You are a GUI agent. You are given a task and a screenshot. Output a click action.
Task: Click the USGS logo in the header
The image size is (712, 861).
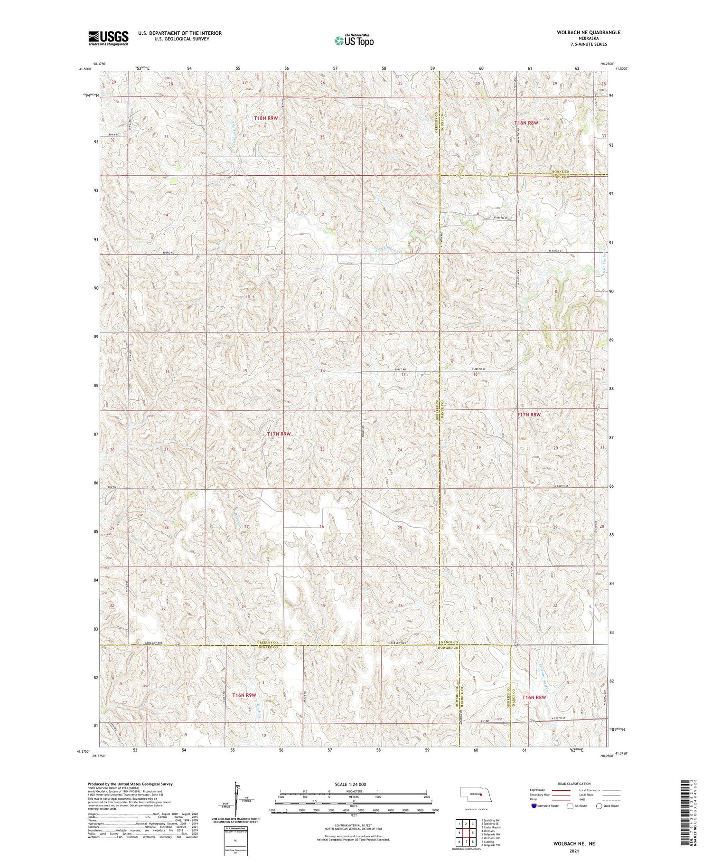108,38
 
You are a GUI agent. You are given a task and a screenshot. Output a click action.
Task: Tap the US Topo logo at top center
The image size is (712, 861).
353,41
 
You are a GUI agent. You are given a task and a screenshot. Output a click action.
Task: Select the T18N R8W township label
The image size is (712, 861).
527,123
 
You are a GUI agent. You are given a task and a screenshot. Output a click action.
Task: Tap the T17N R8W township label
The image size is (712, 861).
529,415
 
